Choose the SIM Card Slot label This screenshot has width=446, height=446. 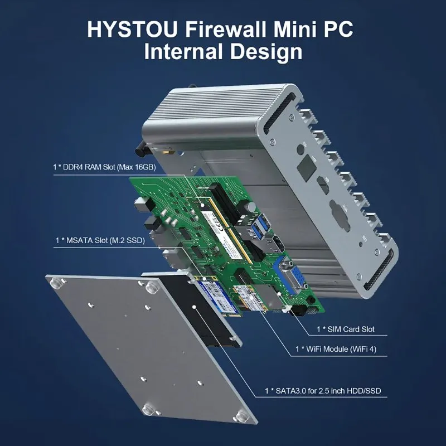tap(345, 329)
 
